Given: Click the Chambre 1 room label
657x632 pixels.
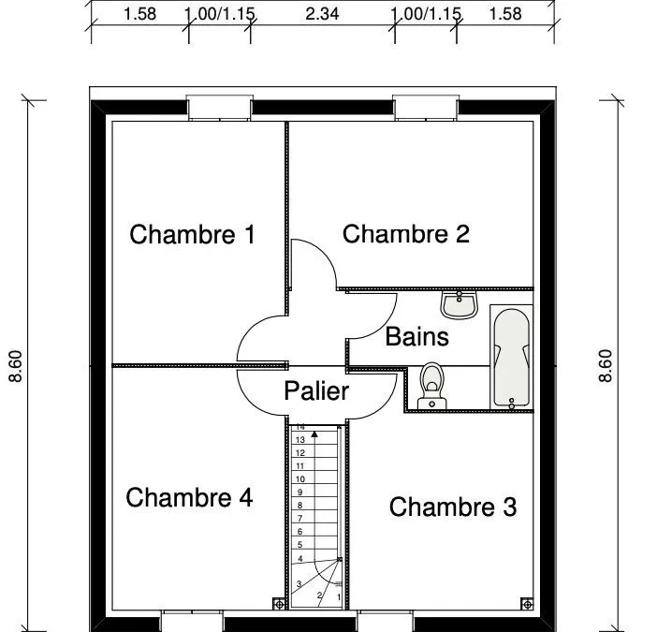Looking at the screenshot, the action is [x=192, y=234].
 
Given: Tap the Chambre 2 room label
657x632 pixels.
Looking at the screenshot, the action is [x=405, y=234].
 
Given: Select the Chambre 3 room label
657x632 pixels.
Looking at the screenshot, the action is [x=453, y=507].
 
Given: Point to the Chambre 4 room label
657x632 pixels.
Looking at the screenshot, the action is [x=189, y=497].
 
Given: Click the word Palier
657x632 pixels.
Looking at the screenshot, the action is [x=316, y=391].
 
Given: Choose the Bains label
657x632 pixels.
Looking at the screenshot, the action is [x=416, y=336].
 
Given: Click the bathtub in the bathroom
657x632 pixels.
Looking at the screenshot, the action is [x=511, y=357].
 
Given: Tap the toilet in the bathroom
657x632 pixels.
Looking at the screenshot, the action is [x=432, y=386].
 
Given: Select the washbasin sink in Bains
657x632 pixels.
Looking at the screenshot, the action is [x=460, y=304].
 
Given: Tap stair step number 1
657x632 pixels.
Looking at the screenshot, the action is [x=339, y=597].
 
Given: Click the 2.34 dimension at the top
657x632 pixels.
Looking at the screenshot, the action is [x=322, y=14].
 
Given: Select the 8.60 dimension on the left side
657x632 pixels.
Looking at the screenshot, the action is [x=16, y=366].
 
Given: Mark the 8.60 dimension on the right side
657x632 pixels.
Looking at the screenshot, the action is [x=606, y=366].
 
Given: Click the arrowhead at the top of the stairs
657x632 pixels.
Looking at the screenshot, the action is [x=314, y=434].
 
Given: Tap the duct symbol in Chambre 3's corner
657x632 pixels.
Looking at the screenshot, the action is [x=528, y=604].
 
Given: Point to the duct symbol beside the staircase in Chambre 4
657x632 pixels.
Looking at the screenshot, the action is [x=279, y=604].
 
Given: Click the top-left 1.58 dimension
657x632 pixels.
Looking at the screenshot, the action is [x=140, y=14].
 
